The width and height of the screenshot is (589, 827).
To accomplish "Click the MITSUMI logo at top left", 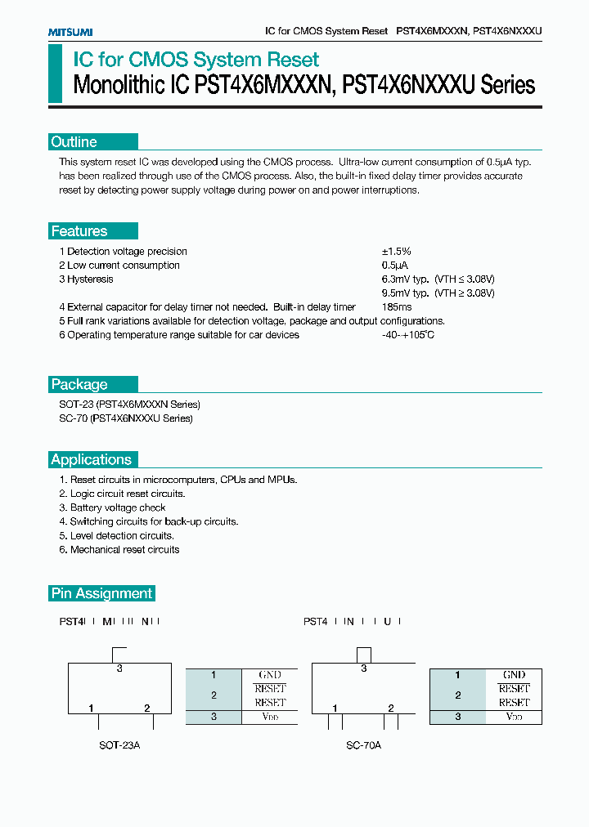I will tap(70, 32).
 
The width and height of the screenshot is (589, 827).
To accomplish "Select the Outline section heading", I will tap(74, 142).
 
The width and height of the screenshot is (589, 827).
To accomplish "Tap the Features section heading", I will tap(79, 231).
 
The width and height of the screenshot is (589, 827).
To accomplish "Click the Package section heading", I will tap(79, 385).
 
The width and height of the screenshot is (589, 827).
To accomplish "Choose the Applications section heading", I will tap(91, 459).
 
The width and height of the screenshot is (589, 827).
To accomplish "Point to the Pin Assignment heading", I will tap(101, 593).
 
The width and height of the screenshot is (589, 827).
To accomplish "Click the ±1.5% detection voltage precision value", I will tap(396, 252).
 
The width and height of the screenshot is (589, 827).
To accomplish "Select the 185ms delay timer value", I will tap(397, 307).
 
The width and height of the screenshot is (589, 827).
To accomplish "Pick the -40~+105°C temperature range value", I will tap(407, 335).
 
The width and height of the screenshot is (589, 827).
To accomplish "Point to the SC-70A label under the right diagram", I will tap(363, 745).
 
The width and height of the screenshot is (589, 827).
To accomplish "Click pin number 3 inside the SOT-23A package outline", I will tap(119, 668).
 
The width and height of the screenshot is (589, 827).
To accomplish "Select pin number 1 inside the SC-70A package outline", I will tap(335, 708).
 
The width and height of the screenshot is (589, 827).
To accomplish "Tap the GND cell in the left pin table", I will tap(270, 675).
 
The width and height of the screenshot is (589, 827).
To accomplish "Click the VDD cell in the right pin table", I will tap(514, 717).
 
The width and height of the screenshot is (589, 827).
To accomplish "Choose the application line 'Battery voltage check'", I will tap(112, 507).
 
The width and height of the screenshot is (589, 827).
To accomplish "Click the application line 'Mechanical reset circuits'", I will tap(119, 550).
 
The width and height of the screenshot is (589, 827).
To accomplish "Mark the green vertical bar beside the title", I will tap(55, 74).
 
